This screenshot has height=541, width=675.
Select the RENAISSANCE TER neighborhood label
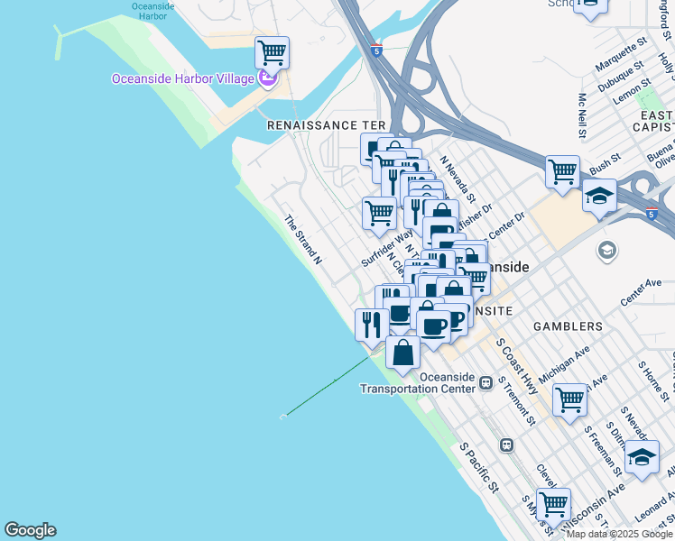tap(326, 125)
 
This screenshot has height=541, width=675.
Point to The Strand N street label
tap(303, 239)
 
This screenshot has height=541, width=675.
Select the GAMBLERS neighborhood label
tap(568, 326)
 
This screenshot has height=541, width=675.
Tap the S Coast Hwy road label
tap(517, 366)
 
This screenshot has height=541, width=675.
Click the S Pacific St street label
tap(479, 466)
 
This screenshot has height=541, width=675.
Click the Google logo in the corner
tap(30, 530)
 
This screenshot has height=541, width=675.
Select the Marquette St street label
tap(622, 54)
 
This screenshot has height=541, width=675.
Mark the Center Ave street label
tap(642, 291)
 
